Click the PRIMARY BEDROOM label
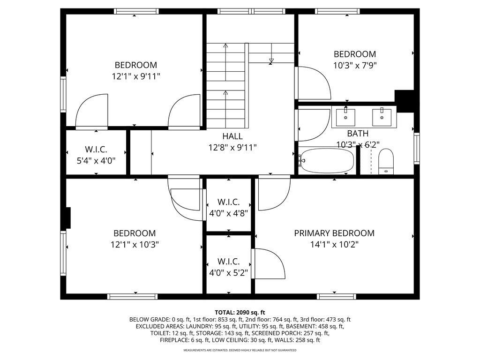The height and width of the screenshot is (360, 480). (x=334, y=233)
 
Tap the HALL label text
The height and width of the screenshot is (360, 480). (x=232, y=136)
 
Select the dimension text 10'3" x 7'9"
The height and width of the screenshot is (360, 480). (x=354, y=66)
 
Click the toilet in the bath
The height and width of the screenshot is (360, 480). (x=386, y=161)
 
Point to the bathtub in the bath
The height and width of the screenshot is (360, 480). (x=327, y=161)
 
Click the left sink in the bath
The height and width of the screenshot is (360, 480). (x=345, y=117)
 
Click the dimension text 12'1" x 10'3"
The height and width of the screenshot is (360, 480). (x=135, y=244)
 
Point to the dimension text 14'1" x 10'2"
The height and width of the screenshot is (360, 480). (x=334, y=244)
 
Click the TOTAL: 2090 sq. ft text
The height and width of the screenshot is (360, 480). (x=240, y=312)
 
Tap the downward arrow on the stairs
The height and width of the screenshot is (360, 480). (x=271, y=60)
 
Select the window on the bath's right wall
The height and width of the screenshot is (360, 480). (x=416, y=149)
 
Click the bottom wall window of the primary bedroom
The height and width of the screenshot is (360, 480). (x=336, y=296)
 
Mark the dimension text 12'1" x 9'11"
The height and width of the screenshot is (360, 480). (x=136, y=76)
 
